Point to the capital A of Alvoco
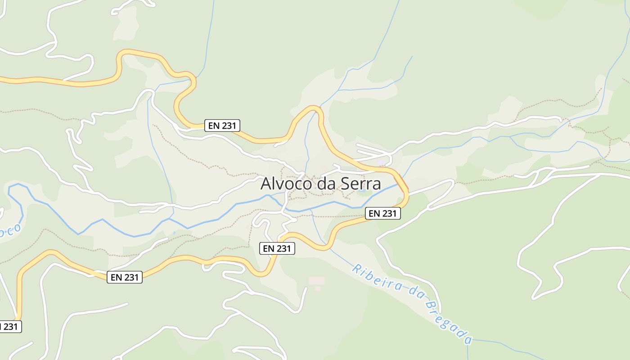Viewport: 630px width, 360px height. (266, 184)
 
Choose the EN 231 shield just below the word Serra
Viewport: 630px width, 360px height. (382, 214)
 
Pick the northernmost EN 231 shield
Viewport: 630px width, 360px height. (222, 126)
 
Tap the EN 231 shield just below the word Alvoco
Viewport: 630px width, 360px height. (277, 248)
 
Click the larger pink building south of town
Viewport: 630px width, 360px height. (316, 281)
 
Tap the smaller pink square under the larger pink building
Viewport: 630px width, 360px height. (317, 288)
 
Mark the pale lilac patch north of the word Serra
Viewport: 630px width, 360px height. (382, 163)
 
